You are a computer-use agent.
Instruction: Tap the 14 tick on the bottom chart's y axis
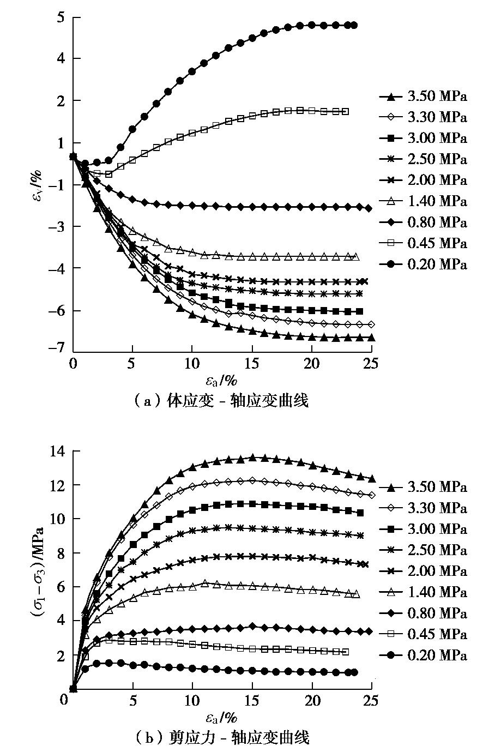pyautogui.click(x=58, y=451)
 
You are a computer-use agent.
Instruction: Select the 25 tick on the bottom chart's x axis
pyautogui.click(x=371, y=700)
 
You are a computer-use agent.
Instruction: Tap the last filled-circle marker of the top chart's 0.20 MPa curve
pyautogui.click(x=354, y=25)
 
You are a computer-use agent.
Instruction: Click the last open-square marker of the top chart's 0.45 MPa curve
pyautogui.click(x=345, y=111)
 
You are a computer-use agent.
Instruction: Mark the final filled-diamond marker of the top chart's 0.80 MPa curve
pyautogui.click(x=369, y=208)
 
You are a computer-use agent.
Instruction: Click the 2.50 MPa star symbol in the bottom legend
pyautogui.click(x=391, y=550)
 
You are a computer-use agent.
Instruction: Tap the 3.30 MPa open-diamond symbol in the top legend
pyautogui.click(x=391, y=118)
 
